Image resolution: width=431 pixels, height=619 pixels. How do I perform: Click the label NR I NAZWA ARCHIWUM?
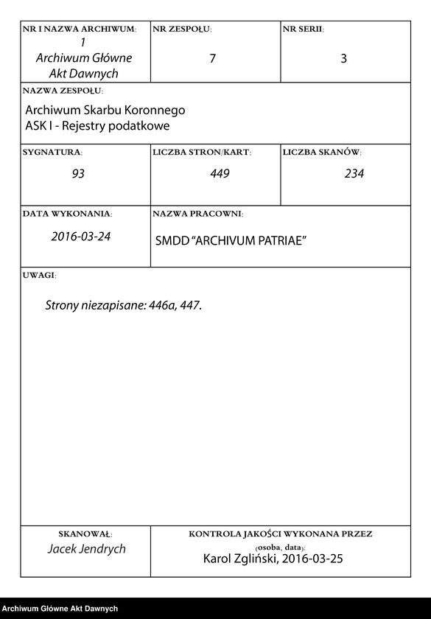coord(80,29)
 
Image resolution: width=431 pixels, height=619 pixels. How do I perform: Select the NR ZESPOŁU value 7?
coord(212,59)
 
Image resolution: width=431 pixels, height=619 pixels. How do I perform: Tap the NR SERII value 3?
coord(343,59)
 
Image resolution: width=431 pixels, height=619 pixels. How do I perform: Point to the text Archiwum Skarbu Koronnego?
coord(105,110)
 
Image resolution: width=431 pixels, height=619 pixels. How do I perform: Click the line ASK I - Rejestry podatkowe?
coord(97,125)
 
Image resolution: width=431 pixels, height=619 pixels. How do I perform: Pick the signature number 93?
coord(78,174)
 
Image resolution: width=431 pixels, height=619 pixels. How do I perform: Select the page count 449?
coord(220,174)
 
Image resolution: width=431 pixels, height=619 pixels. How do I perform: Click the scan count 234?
coord(354,174)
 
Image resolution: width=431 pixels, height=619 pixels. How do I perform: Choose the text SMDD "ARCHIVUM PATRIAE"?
coord(231,242)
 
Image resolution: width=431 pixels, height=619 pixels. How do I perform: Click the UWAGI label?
coord(39,275)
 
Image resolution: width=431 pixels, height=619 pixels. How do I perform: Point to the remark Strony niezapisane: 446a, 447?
coord(123,304)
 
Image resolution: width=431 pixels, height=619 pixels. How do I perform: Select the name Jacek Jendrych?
coord(86,549)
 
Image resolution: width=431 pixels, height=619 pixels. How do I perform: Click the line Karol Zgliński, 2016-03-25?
coord(273,559)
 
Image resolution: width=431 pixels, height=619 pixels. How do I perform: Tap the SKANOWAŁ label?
coord(85,534)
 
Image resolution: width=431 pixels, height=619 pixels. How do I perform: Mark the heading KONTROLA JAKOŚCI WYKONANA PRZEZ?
coord(280,534)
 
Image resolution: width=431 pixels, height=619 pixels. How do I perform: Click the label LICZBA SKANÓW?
coord(321,153)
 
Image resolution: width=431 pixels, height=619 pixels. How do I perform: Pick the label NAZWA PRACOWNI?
coord(197,214)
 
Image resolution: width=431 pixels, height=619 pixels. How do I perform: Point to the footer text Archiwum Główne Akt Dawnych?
coord(60,608)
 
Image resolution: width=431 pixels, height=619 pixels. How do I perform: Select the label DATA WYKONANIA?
coord(68,214)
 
